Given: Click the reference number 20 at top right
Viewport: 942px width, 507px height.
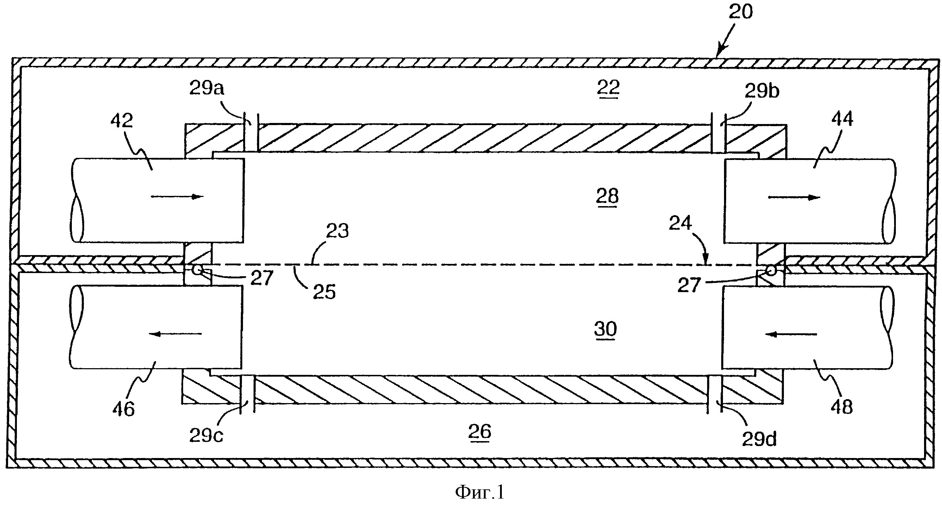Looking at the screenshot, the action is pos(741,12).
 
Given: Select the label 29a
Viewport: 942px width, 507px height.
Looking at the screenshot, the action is pos(207,88).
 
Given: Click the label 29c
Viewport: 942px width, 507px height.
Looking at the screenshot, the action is pos(206,435).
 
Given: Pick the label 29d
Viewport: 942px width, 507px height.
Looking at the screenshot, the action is pos(759,439).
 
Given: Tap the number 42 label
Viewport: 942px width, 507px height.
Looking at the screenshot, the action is pos(122,120).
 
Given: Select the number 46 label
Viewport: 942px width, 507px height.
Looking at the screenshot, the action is pos(124,409).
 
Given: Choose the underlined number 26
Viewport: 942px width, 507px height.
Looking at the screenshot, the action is pos(480,432).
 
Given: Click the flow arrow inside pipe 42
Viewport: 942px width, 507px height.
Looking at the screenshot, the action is pos(177,197).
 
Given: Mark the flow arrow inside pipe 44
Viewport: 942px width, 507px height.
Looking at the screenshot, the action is pos(794,198).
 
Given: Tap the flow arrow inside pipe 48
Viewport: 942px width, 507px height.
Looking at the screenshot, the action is pos(791,334).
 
